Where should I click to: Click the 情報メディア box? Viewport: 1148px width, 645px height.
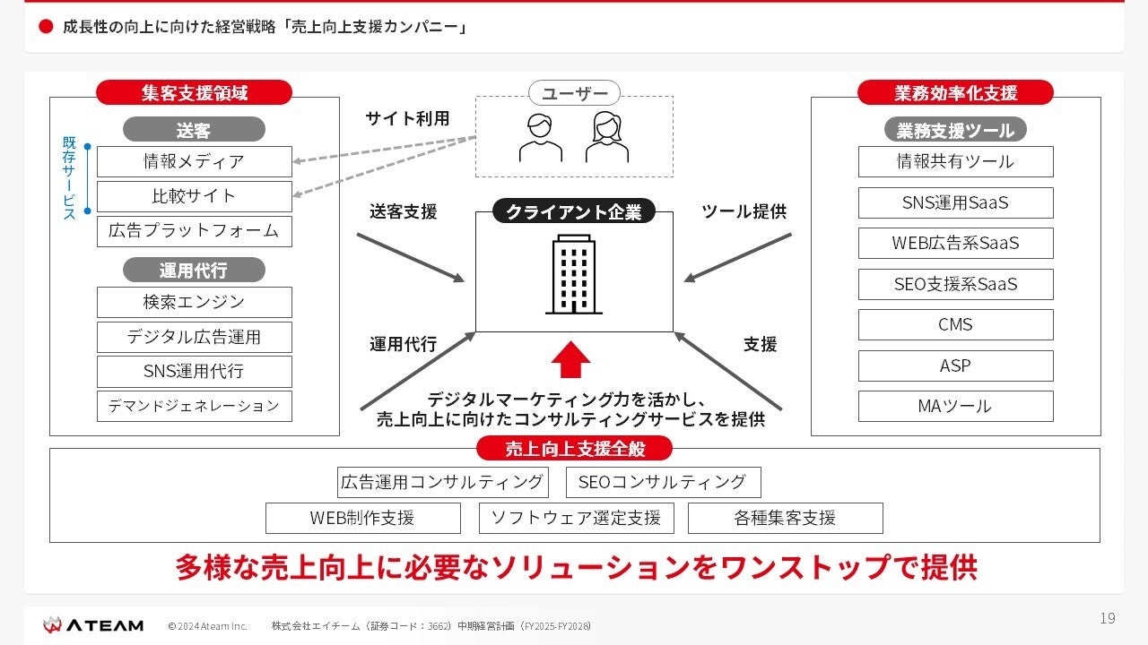(x=194, y=162)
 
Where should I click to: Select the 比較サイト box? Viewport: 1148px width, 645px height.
(x=194, y=196)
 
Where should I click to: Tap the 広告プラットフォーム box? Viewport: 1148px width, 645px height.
(x=194, y=231)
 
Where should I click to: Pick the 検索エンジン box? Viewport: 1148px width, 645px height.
(x=194, y=303)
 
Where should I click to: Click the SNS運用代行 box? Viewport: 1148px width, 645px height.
(x=194, y=371)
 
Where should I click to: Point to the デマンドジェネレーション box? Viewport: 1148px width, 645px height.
(x=194, y=406)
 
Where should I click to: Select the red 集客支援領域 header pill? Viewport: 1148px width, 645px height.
(x=194, y=92)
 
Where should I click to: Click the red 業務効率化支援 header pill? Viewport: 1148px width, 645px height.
(x=955, y=92)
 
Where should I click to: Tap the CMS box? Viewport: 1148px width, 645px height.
(x=955, y=325)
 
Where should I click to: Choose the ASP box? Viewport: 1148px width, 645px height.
(x=955, y=365)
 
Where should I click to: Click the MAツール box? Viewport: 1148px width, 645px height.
(x=955, y=407)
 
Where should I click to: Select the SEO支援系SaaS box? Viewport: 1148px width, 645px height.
(x=955, y=285)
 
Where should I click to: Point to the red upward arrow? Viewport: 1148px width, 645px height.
(x=570, y=359)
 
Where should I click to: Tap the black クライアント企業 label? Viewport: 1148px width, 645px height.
(x=574, y=212)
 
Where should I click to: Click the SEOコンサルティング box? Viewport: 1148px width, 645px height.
(x=663, y=482)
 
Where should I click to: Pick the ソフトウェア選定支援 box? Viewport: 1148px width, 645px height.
(x=576, y=518)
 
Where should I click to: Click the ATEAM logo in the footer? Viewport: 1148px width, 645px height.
(x=93, y=624)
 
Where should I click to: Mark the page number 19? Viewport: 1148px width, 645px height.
(x=1108, y=618)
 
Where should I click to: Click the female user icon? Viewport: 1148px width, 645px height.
(x=607, y=137)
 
